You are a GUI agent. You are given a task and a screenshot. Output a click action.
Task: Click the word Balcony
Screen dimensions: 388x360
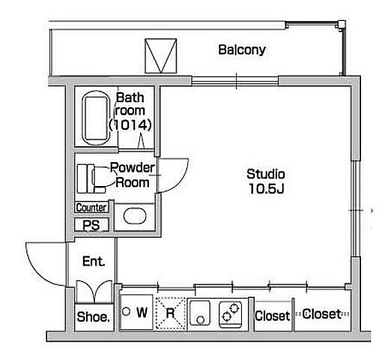coord(242,50)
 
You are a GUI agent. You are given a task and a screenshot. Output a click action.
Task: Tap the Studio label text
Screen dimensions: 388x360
coord(266,174)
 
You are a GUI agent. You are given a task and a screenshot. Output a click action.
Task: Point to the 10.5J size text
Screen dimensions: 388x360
coord(267,189)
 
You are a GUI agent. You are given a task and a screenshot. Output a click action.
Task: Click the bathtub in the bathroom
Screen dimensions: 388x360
coord(96,118)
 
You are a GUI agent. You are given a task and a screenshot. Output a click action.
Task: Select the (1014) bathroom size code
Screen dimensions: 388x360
coord(130,124)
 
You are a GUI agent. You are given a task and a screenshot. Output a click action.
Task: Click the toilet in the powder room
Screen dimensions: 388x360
coord(91,178)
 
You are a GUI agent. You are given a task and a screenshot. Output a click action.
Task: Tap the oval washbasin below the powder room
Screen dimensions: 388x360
coord(135,216)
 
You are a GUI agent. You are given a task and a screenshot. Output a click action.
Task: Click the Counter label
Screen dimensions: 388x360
coord(91,207)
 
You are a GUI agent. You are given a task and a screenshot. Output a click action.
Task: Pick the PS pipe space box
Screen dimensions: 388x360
coord(91,225)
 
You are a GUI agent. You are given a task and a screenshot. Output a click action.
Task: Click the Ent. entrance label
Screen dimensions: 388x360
coord(94,262)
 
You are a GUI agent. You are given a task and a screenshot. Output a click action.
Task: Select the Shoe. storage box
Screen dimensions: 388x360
coord(94,317)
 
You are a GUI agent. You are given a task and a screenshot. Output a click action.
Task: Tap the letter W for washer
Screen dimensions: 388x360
coord(142,312)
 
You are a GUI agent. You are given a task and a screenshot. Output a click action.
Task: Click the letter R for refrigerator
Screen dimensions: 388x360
coord(170,313)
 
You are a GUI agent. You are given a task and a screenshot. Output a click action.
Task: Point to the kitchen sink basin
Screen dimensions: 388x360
coord(199,313)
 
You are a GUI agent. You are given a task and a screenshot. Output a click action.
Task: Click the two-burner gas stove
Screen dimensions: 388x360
coord(231,314)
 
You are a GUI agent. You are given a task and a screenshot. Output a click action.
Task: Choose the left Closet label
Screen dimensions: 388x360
coord(273,316)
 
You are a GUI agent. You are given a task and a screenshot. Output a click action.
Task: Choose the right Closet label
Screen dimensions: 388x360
coord(321,314)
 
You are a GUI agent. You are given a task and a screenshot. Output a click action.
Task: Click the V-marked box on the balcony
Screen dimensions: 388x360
coord(161,56)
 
